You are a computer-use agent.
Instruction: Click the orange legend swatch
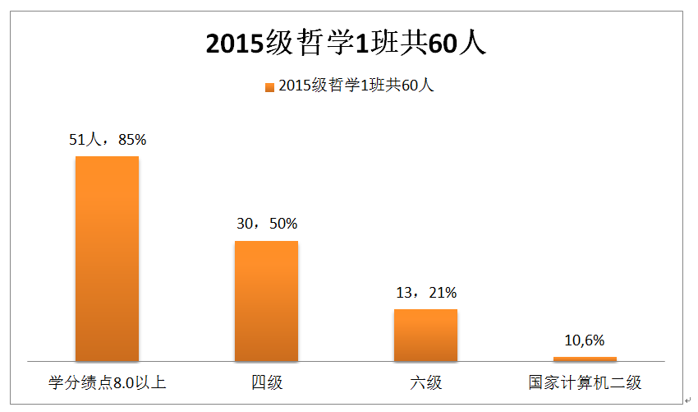tap(269, 86)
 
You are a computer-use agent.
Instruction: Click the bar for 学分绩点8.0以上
tap(107, 258)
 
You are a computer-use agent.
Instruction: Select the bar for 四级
tap(266, 301)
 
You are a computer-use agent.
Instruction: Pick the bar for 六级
tap(425, 335)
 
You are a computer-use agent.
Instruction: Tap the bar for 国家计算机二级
tap(584, 359)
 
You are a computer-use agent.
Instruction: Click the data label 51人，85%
tap(107, 140)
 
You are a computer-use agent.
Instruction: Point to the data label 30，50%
tap(266, 224)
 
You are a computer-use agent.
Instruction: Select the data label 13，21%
tap(425, 293)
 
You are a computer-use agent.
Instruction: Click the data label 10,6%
tap(584, 340)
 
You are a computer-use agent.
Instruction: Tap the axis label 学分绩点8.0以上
tap(107, 382)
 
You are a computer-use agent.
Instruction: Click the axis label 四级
tap(266, 382)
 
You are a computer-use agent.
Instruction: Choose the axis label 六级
tap(425, 382)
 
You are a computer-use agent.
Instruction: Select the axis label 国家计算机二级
tap(584, 382)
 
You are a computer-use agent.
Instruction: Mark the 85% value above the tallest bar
tap(132, 140)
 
